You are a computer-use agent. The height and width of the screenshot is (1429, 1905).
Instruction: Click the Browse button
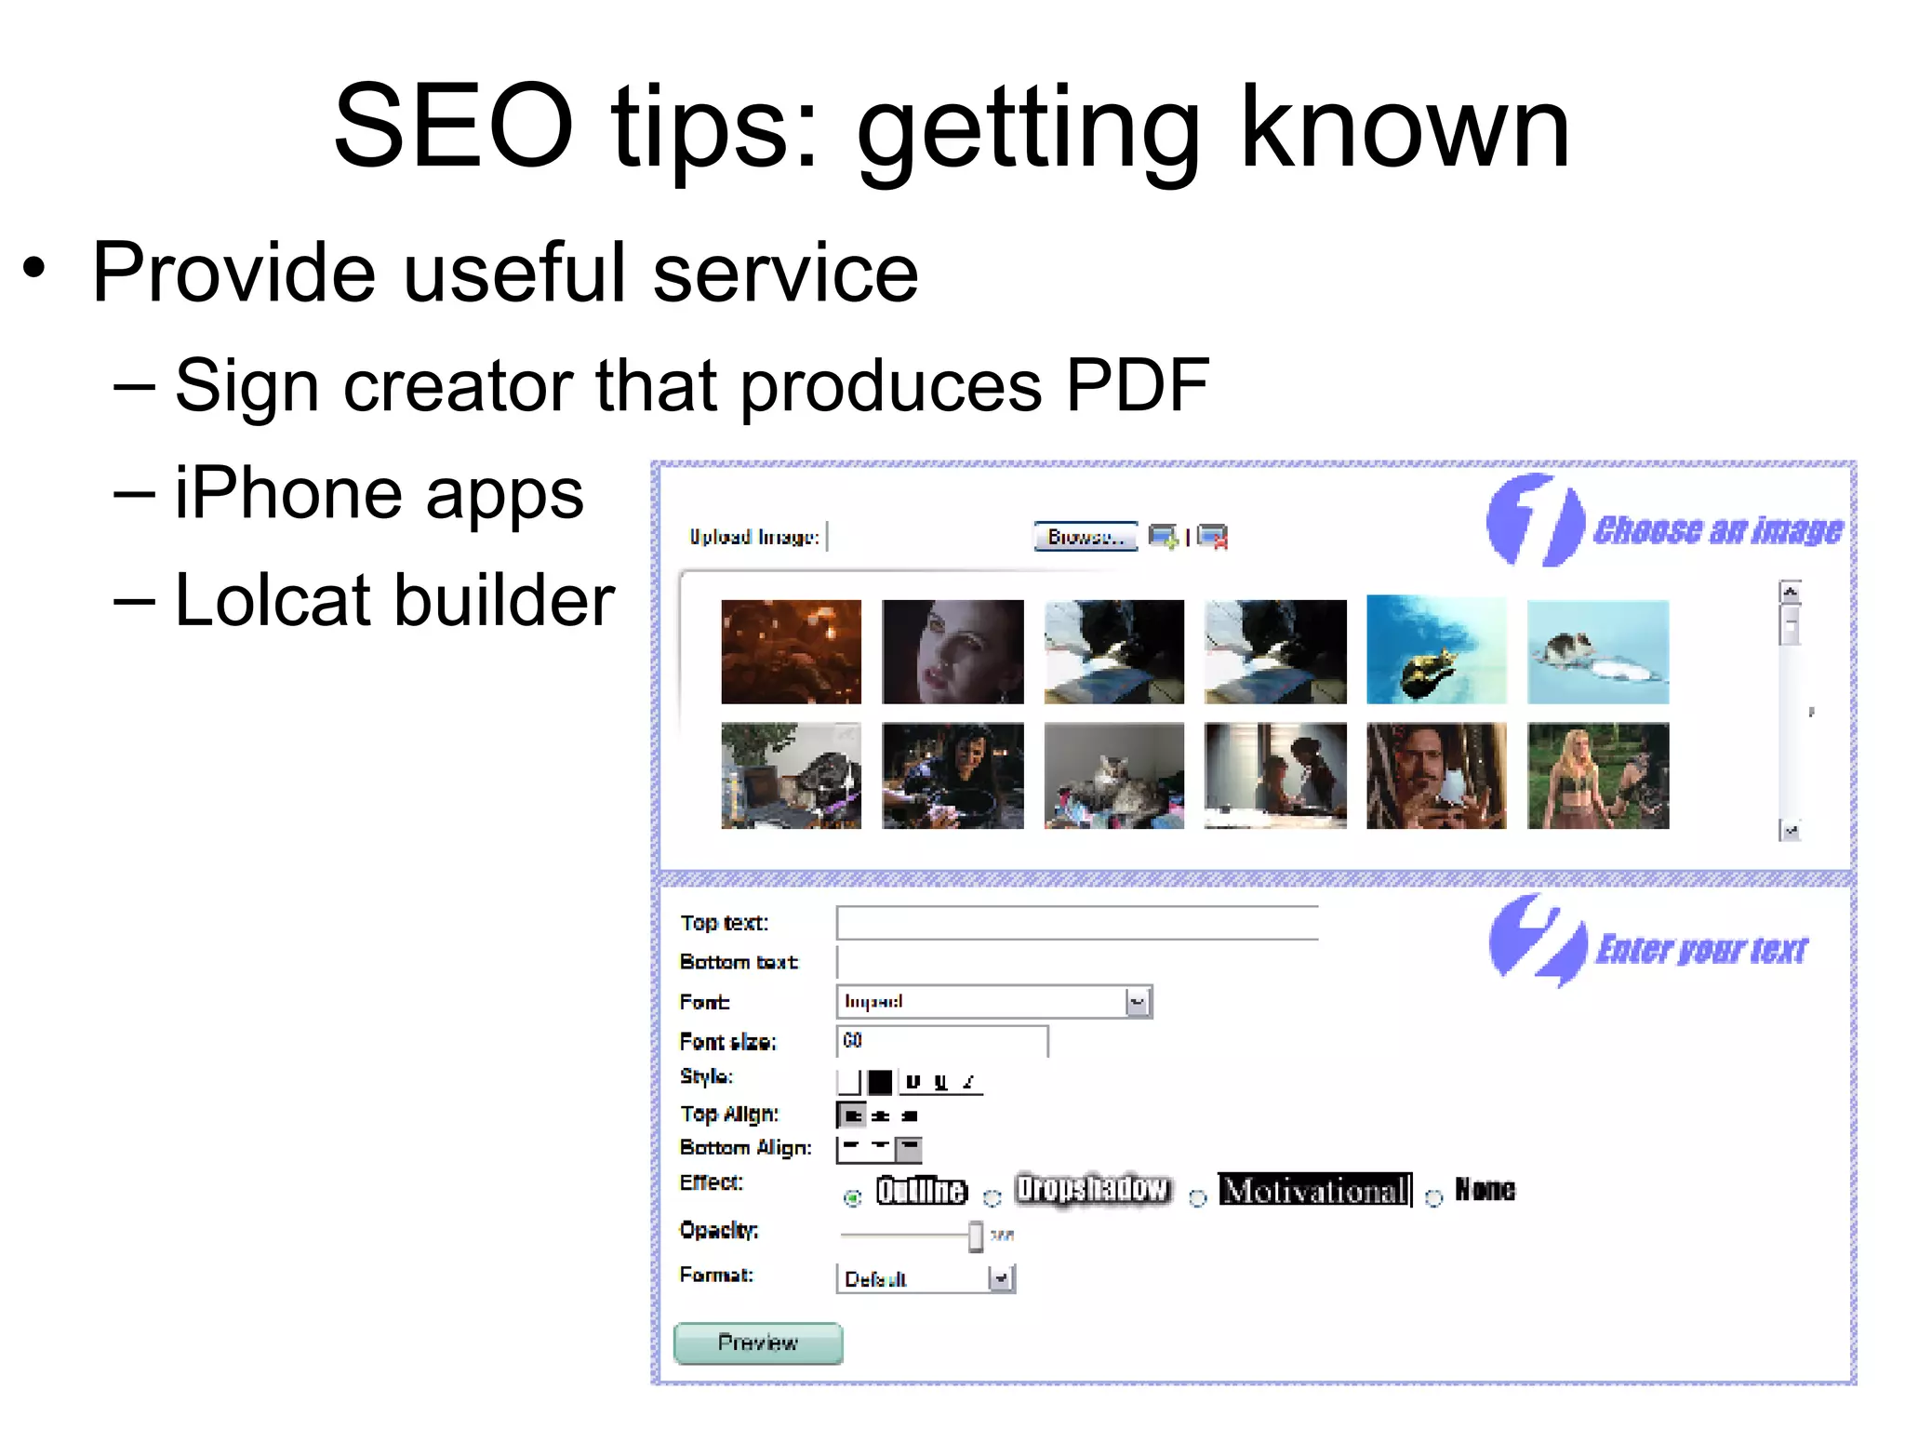pyautogui.click(x=1085, y=537)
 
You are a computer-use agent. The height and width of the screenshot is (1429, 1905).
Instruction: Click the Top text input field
pyautogui.click(x=1076, y=923)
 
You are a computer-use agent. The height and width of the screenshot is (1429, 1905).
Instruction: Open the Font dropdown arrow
pyautogui.click(x=1138, y=1002)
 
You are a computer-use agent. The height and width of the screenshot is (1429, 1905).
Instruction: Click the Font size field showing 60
pyautogui.click(x=941, y=1041)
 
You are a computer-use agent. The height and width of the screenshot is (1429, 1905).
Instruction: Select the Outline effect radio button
pyautogui.click(x=852, y=1198)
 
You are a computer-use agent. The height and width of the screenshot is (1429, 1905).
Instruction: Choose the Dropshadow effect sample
pyautogui.click(x=1092, y=1189)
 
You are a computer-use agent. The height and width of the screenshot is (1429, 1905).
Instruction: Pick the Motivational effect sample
pyautogui.click(x=1314, y=1190)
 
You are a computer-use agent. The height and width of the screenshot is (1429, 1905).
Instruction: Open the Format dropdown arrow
pyautogui.click(x=1001, y=1279)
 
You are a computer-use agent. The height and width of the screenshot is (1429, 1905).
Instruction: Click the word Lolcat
pyautogui.click(x=273, y=600)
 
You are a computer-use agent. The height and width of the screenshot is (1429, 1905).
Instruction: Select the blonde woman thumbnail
pyautogui.click(x=1597, y=776)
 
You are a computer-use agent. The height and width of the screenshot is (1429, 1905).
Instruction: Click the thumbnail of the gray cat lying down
pyautogui.click(x=1113, y=776)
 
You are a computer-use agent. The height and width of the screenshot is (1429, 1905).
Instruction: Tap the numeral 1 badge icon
pyautogui.click(x=1534, y=520)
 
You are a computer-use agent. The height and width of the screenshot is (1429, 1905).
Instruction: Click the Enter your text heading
pyautogui.click(x=1701, y=950)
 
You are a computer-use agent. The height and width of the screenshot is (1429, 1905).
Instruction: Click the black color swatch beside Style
pyautogui.click(x=879, y=1082)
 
